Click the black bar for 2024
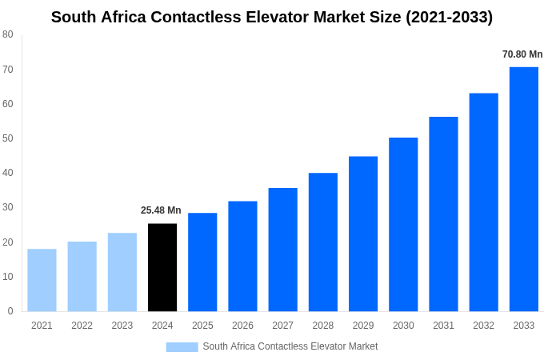click(162, 267)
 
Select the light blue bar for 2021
click(42, 280)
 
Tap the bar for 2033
click(523, 189)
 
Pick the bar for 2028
click(322, 242)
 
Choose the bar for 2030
click(403, 224)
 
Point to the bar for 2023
click(122, 272)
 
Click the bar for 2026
click(242, 256)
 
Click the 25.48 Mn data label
click(161, 210)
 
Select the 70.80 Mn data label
click(522, 54)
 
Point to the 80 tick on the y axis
click(8, 34)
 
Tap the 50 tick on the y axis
click(8, 138)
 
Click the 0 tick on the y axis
click(10, 311)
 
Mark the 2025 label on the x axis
click(202, 326)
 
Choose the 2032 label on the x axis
click(483, 326)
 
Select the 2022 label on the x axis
click(82, 326)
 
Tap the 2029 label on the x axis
click(363, 326)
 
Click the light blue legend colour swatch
click(182, 346)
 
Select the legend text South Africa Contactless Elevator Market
click(290, 346)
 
